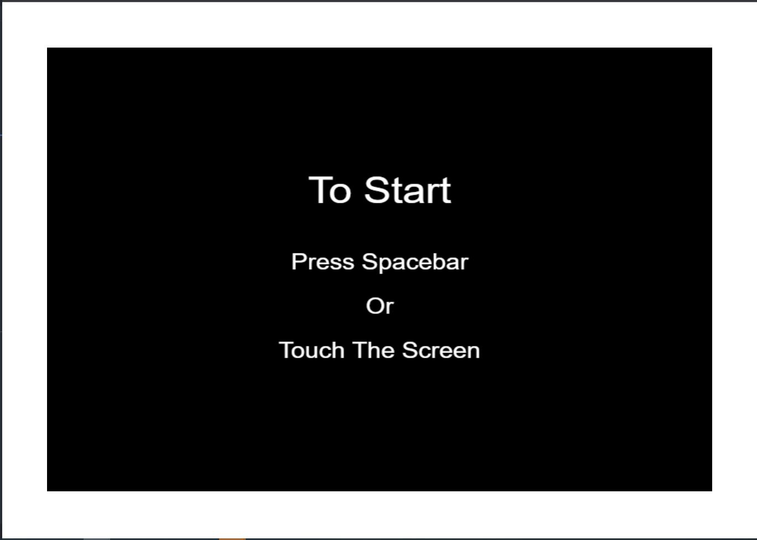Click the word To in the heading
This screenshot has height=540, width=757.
(x=330, y=190)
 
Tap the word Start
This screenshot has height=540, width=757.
(x=407, y=190)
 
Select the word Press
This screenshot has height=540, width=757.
(x=323, y=262)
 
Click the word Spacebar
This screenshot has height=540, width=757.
(x=416, y=263)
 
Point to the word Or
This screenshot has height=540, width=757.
(x=380, y=306)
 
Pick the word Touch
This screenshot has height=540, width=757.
(x=311, y=350)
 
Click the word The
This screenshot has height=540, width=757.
(x=374, y=350)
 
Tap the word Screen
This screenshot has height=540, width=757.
(x=441, y=350)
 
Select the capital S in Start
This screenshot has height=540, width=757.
(x=376, y=190)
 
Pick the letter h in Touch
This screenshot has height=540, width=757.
(x=338, y=350)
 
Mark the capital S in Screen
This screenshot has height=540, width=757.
(x=410, y=350)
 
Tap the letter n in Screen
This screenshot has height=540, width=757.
(x=474, y=352)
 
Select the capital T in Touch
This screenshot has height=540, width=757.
(x=287, y=350)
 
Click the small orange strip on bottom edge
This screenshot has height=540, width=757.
(x=232, y=539)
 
